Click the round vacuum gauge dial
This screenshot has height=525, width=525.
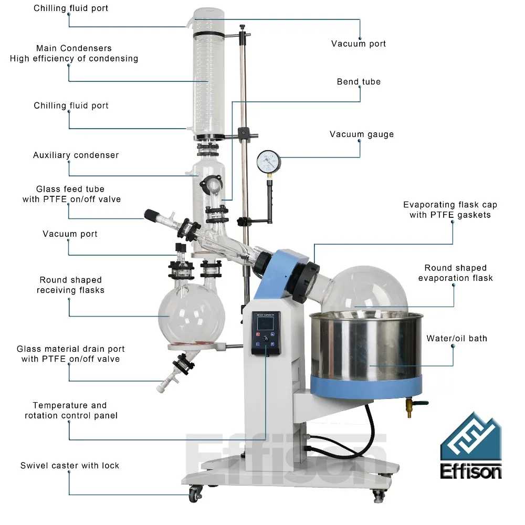269,162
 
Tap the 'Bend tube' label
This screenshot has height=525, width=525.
359,82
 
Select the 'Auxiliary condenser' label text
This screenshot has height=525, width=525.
76,155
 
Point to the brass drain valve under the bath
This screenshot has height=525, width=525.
409,406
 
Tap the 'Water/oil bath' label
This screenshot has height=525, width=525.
457,339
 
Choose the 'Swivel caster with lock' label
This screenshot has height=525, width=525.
70,466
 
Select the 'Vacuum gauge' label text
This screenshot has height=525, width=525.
362,134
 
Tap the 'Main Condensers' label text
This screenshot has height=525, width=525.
74,48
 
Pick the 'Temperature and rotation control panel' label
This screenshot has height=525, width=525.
70,411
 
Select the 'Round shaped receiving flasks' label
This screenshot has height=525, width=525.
70,285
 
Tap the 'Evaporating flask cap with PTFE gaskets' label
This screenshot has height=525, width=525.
450,209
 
